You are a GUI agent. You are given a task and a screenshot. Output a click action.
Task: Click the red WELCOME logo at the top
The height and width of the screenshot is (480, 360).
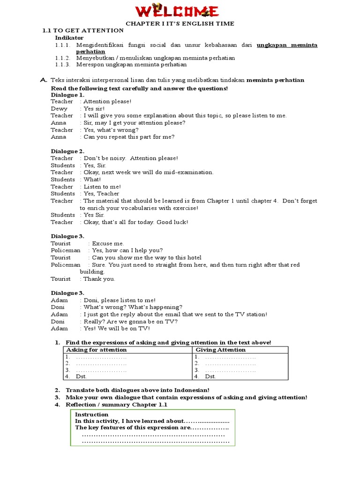180,11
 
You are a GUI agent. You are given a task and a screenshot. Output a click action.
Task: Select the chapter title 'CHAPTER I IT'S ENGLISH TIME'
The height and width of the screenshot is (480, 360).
180,23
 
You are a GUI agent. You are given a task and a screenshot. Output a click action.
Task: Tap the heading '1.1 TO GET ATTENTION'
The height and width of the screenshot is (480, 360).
83,30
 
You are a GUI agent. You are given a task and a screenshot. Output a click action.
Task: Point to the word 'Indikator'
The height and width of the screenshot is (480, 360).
69,37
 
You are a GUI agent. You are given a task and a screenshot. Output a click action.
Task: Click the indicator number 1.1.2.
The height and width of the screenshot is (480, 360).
62,58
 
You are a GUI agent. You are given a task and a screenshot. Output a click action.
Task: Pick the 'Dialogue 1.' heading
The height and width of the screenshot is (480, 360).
67,94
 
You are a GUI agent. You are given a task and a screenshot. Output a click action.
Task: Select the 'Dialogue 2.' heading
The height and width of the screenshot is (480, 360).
67,151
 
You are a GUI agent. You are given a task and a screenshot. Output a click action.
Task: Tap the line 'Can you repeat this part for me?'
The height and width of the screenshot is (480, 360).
129,137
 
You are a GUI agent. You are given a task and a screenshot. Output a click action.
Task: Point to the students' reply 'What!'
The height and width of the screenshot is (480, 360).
92,180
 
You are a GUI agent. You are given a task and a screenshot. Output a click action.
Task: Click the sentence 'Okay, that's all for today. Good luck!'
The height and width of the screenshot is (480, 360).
135,222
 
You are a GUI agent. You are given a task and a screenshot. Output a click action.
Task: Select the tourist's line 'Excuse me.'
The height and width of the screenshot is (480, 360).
108,243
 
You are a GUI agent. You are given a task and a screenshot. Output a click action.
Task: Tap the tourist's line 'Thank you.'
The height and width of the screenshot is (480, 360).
99,279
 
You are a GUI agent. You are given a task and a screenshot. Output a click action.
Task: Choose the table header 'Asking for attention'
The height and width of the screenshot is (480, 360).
96,350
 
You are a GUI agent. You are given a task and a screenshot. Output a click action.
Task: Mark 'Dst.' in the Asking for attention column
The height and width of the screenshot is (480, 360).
81,376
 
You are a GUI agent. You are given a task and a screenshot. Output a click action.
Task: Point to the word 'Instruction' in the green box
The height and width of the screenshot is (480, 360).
91,414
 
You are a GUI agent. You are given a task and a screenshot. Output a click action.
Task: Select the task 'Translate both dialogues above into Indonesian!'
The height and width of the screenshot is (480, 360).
137,390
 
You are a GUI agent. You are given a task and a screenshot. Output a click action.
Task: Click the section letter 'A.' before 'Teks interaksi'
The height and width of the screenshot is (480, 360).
44,80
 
